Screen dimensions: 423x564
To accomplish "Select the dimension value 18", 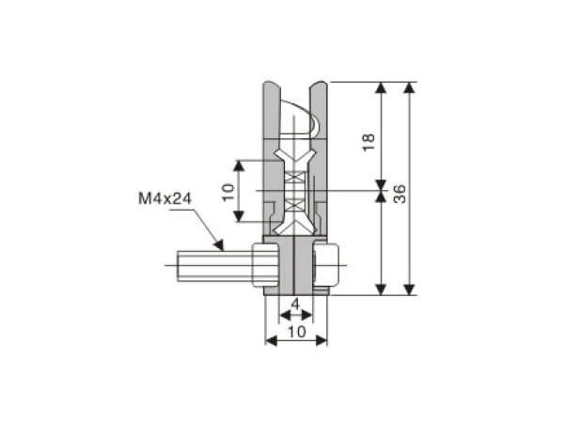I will coord(369,142).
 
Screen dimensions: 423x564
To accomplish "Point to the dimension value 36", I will coord(399,195).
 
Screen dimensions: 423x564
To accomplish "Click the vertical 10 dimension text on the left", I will coord(227,192).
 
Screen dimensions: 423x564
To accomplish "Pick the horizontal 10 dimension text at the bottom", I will coord(296,332).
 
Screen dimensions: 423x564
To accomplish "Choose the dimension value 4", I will coord(295,305).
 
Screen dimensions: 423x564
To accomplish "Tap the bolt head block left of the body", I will coord(264,267).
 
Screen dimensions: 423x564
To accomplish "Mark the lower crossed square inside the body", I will coord(295,202).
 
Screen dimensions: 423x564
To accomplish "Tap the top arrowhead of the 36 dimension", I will coord(409,87).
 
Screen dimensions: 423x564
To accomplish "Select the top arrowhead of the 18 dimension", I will coord(381,87).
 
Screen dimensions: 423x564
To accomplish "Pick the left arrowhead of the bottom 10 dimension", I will coord(270,340).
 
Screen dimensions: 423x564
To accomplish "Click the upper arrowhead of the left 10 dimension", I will coord(240,165).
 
